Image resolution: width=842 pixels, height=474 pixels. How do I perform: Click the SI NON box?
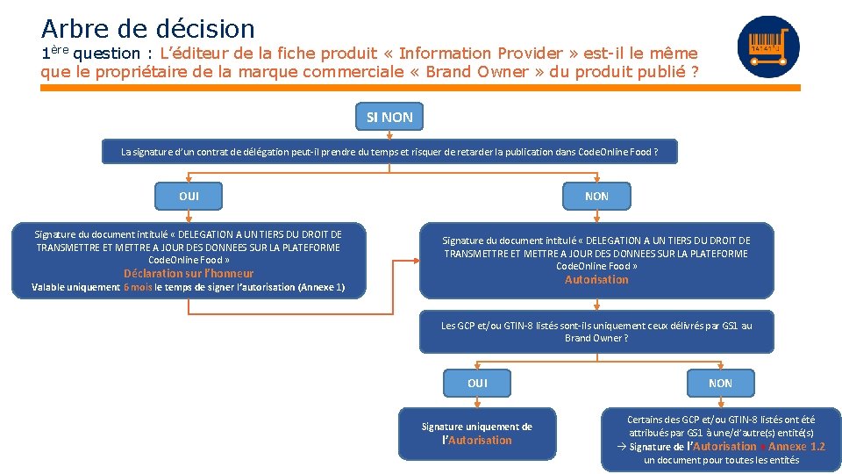point(390,117)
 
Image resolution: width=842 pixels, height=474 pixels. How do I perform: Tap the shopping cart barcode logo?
point(768,47)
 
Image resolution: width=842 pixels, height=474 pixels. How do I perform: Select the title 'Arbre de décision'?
point(147,29)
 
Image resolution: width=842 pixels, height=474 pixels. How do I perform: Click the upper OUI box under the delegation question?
point(189,196)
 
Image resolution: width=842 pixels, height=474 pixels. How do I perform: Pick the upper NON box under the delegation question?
point(596,196)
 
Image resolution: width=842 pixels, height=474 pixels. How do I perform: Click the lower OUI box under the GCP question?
point(477,383)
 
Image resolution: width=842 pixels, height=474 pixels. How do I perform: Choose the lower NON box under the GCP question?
point(720,383)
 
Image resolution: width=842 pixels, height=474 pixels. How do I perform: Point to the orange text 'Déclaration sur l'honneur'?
point(189,273)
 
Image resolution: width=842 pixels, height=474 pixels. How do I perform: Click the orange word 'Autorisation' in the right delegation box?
point(596,279)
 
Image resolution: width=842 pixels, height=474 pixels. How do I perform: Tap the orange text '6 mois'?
point(138,287)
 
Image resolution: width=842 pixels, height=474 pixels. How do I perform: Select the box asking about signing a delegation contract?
point(389,152)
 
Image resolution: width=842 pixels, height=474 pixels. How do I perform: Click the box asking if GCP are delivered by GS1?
point(596,331)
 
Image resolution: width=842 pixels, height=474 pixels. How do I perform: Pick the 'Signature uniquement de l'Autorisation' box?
point(477,434)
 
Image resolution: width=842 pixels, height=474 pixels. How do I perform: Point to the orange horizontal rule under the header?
point(421,88)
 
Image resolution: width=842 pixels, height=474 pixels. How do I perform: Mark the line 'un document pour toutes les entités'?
point(721,460)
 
